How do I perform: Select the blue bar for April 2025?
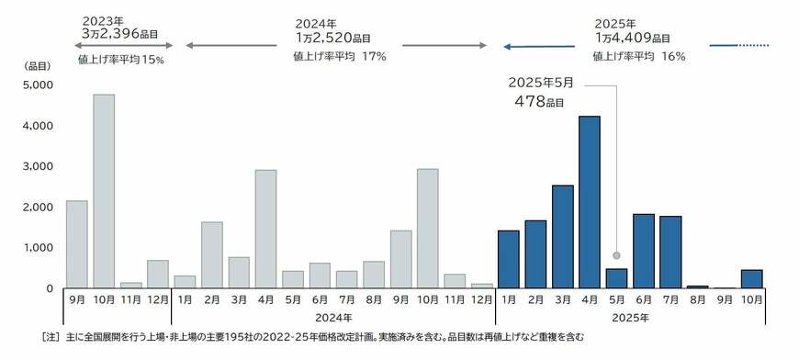coord(589,202)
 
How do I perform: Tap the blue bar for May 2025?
coord(616,278)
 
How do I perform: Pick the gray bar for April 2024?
coord(265,229)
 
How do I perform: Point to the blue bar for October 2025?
coord(750,278)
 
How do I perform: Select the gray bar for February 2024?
coord(211,254)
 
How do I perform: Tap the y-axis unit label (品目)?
coord(38,65)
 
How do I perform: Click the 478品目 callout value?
coord(539,101)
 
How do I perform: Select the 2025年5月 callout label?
coord(542,82)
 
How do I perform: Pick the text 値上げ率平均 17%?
coord(339,56)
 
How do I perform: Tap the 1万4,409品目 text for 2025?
coord(631,39)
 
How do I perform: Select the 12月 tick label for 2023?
coord(157,299)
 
